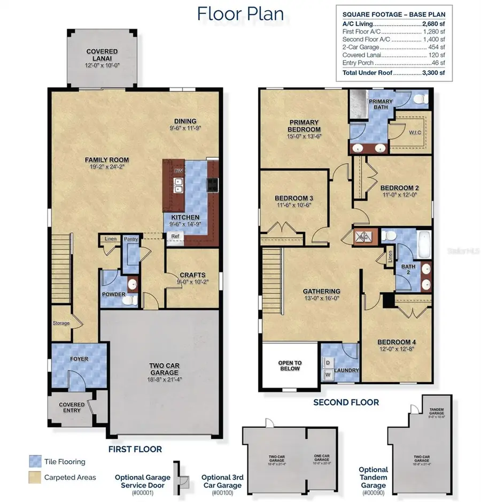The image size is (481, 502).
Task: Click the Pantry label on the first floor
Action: click(x=130, y=239)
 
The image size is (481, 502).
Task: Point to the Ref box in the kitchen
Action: click(x=175, y=236)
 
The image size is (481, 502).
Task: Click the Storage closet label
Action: click(x=61, y=323)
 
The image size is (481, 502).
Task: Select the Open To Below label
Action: click(x=290, y=366)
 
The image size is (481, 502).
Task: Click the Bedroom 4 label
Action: click(x=396, y=343)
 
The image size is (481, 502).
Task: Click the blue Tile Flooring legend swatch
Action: click(x=35, y=461)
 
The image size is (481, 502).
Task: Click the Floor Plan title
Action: click(x=240, y=13)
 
